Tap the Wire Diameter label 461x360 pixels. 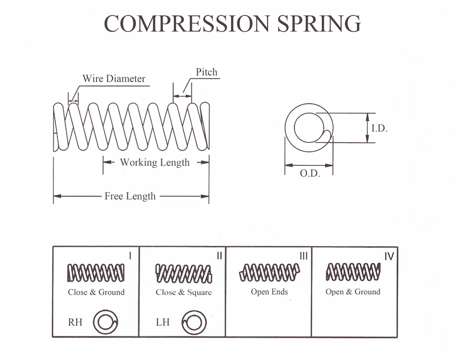coord(114,78)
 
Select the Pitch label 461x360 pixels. coord(206,72)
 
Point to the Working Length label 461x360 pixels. coord(154,162)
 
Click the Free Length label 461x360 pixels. coord(130,196)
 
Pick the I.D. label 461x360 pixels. coord(379,129)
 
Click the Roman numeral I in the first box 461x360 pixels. coord(130,255)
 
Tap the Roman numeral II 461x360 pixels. coord(219,255)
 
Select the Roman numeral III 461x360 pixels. coord(303,255)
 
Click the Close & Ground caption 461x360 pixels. coord(96,292)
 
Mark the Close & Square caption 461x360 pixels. coord(183,292)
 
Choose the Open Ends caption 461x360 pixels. coord(269,292)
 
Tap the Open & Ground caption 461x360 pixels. coord(353,292)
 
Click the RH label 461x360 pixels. coord(75,322)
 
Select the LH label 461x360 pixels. coord(163,322)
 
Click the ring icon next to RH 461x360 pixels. coord(106,321)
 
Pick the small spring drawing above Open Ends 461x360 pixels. coord(269,272)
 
